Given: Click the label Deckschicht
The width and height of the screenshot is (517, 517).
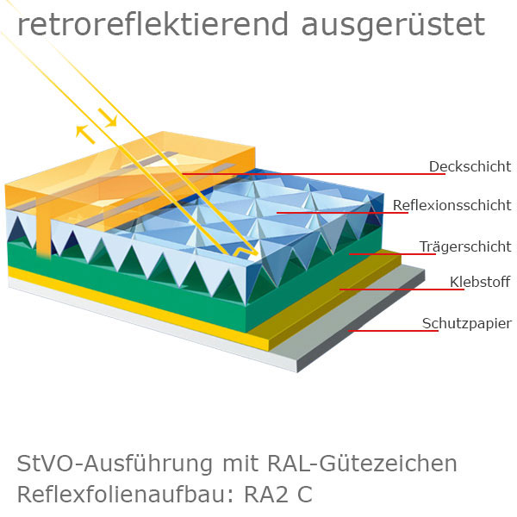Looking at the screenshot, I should click(470, 166).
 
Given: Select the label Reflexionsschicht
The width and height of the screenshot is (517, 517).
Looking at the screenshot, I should click(452, 205).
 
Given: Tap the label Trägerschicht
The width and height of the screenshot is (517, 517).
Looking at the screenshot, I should click(465, 246).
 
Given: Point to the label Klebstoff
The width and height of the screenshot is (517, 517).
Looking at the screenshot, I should click(480, 282).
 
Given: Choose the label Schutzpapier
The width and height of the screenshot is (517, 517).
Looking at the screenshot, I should click(466, 323).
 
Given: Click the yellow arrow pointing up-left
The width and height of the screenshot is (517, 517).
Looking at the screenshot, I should click(84, 132).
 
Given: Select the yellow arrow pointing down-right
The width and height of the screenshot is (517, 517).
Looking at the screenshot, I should click(108, 116).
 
